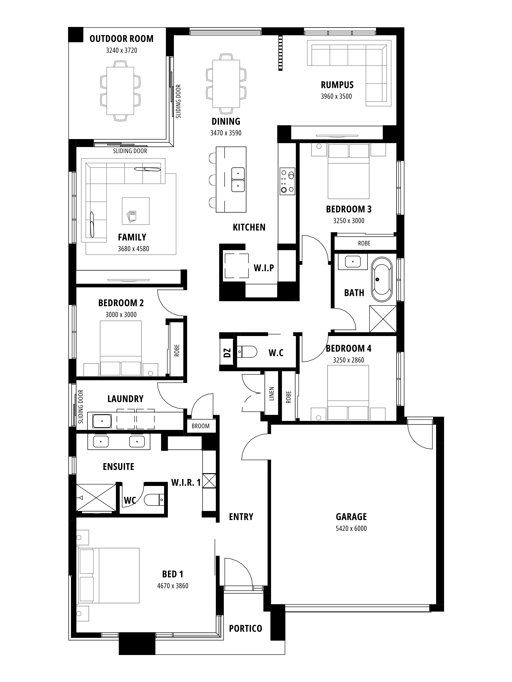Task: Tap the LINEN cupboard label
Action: [x=272, y=394]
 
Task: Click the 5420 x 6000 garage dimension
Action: [x=351, y=528]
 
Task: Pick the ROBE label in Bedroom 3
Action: [x=364, y=243]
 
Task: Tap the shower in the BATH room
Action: [x=383, y=319]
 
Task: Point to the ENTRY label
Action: [x=241, y=517]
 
